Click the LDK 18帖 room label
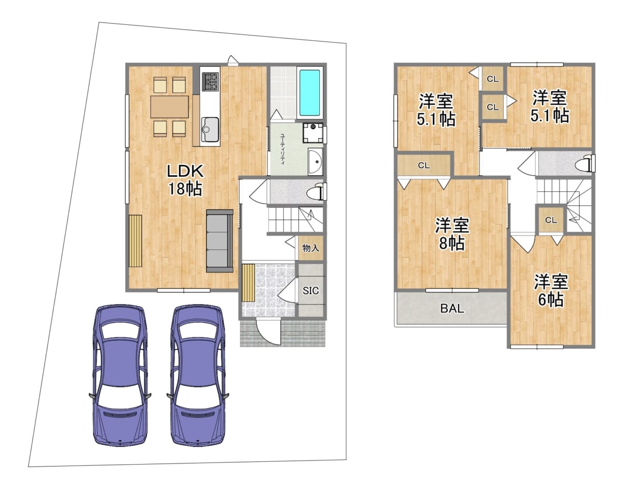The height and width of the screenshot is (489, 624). (x=185, y=180)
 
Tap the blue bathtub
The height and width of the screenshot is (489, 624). (x=309, y=92)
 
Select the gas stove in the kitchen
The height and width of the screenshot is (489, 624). (x=210, y=81)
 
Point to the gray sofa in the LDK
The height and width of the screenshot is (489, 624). (x=219, y=241)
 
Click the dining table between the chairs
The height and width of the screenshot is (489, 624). (x=170, y=107)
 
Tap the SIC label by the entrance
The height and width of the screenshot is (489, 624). (x=311, y=290)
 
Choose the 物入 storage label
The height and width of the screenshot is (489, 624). (x=311, y=248)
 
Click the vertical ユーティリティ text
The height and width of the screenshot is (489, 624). (x=282, y=149)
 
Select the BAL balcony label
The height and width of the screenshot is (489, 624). (x=452, y=309)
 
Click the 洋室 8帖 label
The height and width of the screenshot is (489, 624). (x=452, y=234)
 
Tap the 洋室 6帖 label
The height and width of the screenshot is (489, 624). (x=551, y=290)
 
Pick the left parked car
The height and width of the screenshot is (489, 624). (x=120, y=376)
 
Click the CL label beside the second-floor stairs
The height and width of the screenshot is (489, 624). (x=551, y=220)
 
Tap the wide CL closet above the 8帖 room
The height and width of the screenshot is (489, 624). (x=424, y=165)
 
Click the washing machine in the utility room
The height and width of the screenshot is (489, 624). (x=313, y=133)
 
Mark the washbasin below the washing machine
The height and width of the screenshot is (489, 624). (x=315, y=161)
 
